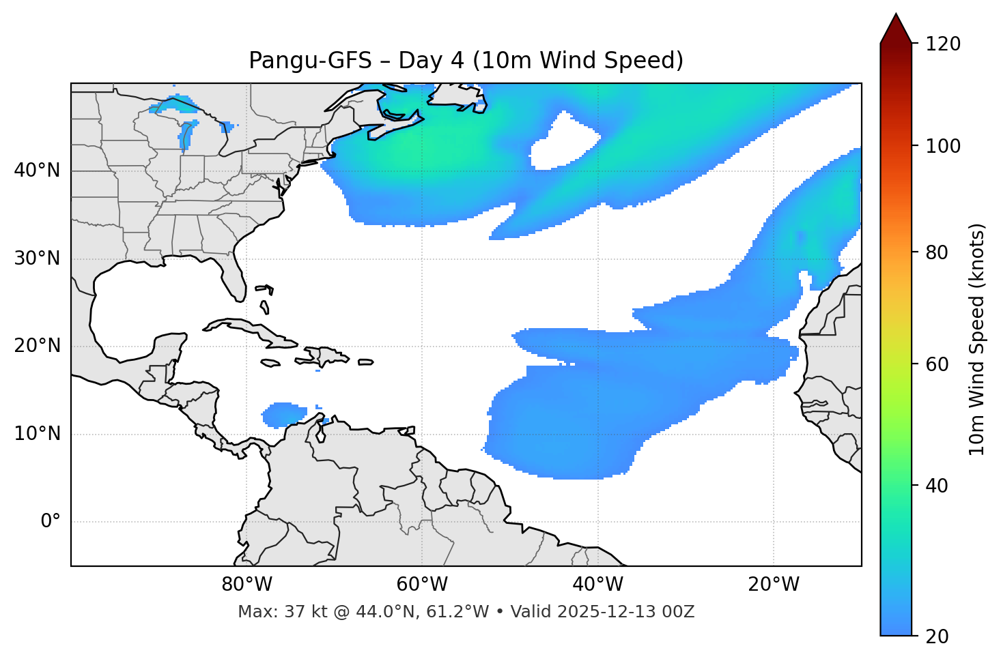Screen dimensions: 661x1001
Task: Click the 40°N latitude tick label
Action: point(37,171)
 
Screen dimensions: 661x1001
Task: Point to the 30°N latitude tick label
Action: point(37,259)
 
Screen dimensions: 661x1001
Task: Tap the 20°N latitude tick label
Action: point(37,346)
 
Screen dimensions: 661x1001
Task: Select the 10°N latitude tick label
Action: point(37,434)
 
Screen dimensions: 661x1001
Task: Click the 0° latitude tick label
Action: point(51,522)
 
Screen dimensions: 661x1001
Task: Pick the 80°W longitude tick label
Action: point(246,585)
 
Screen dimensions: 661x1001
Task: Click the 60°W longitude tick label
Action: point(422,585)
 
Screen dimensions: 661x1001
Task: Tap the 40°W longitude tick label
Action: point(597,585)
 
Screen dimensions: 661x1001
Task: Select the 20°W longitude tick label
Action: point(774,585)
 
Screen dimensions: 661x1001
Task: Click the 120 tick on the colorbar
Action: point(942,44)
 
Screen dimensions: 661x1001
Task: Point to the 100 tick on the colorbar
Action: point(942,146)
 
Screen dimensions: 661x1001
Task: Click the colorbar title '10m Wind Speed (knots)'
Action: point(977,339)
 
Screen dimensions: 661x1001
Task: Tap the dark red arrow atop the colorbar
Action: point(896,29)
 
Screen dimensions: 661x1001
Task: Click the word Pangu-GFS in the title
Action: point(310,61)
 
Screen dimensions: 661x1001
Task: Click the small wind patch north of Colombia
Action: point(283,414)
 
